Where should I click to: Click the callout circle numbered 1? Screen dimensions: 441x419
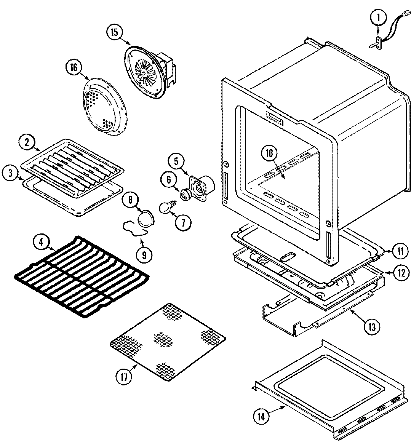coord(379,17)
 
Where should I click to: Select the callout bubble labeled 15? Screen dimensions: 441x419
coord(114,32)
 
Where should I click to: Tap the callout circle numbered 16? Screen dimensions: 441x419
coord(73,67)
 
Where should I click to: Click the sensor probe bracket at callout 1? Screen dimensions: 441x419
coord(377,43)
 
